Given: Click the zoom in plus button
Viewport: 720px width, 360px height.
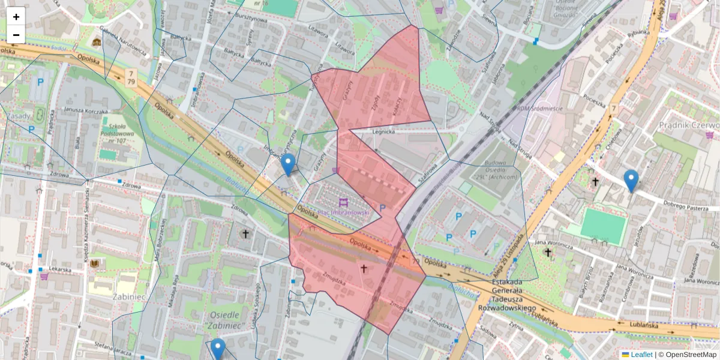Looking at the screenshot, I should point(16,17).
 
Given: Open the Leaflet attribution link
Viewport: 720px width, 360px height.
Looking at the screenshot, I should point(641,355).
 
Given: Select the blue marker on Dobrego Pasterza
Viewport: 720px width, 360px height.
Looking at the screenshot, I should point(631,181).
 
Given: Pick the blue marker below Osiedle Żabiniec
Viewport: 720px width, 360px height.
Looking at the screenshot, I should point(218,349).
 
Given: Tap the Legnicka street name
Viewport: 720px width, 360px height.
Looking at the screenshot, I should point(383,131).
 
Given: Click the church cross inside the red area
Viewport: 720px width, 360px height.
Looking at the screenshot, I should point(364,269).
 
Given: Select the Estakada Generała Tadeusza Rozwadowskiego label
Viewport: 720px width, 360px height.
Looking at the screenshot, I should point(508,295).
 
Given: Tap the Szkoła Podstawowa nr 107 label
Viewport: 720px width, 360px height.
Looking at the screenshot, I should point(114,135).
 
